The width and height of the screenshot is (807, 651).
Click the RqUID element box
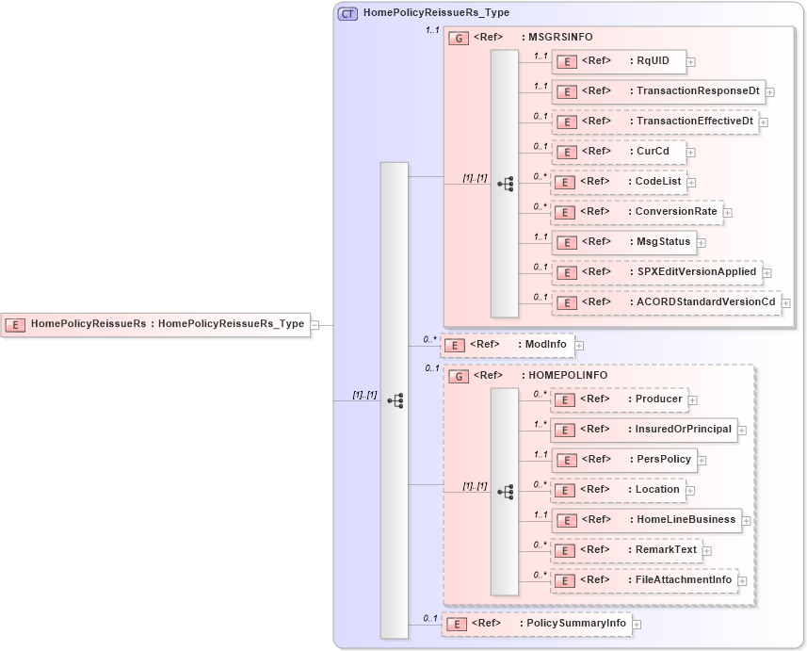point(618,61)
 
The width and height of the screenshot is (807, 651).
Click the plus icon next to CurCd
point(690,152)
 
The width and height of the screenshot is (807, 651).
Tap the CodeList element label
point(658,182)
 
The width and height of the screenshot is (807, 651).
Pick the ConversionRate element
point(636,212)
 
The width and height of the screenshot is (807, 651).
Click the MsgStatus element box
point(623,242)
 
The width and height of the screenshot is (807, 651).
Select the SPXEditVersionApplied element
point(655,272)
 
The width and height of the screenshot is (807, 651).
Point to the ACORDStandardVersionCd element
point(666,302)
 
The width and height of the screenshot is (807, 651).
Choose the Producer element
point(618,399)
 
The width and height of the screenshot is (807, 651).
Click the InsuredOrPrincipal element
point(643,430)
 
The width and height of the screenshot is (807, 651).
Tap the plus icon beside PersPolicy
point(702,461)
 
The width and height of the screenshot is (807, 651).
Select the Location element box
point(617,490)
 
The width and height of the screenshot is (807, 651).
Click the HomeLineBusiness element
point(645,520)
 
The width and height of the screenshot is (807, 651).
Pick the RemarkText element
point(625,550)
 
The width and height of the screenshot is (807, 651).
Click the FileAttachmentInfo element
point(643,580)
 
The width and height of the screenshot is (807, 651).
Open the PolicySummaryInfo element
point(536,624)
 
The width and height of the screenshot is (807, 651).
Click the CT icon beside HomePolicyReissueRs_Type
point(347,13)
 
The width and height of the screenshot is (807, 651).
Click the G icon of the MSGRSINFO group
point(459,38)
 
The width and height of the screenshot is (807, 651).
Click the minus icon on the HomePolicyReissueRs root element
point(315,324)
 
